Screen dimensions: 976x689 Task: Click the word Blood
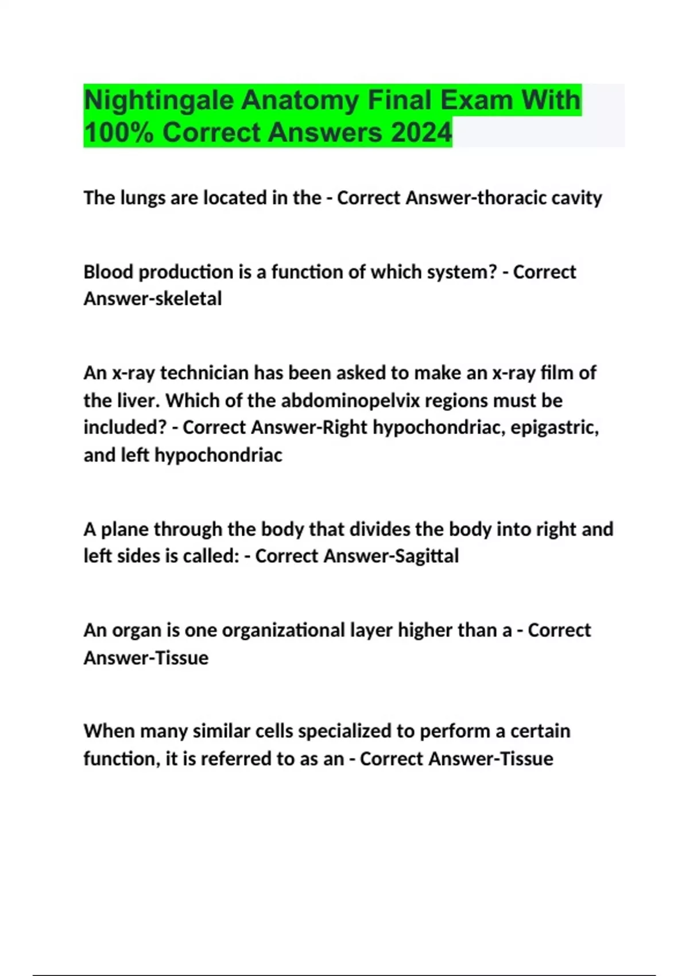[x=109, y=272]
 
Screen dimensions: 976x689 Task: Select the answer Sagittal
[x=427, y=556]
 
